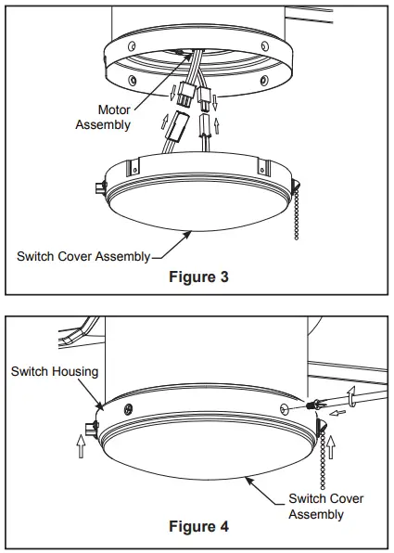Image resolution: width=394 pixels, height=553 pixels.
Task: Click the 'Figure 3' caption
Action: [x=196, y=276]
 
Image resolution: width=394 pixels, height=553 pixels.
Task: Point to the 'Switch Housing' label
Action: [x=54, y=371]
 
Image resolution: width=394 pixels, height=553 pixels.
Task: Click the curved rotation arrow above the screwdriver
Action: [x=350, y=397]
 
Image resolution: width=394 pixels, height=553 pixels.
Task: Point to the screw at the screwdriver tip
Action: [x=312, y=406]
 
